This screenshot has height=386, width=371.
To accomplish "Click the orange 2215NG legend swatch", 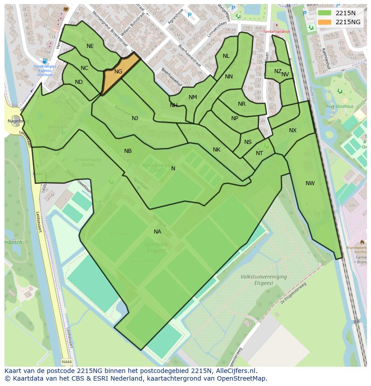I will coord(325,22).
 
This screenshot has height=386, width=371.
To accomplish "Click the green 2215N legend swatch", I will coord(325,13).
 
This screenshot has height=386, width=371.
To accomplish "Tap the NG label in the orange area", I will coord(118,72).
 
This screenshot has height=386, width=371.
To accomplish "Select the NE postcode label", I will coord(90,46).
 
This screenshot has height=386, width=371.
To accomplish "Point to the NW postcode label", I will coord(310,183).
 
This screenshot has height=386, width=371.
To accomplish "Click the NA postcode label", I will coord(157,232).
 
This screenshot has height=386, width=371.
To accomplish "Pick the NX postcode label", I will coord(293,130).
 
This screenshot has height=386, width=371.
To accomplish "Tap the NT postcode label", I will coord(259,153).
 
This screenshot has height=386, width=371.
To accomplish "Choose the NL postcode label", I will coord(226,56).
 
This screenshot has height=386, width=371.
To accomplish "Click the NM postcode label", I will coord(193,97).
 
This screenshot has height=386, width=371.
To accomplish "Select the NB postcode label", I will coord(128,151).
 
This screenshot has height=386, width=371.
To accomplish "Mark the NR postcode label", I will coord(242,104).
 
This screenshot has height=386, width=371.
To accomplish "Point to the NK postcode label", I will coord(216,150).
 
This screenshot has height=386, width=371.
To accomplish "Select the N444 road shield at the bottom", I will coord(66,362).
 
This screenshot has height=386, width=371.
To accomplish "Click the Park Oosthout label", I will coord(337,106).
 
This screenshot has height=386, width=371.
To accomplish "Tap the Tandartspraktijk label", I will coord(276,31).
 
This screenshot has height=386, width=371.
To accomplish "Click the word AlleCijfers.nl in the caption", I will coord(235,371).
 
